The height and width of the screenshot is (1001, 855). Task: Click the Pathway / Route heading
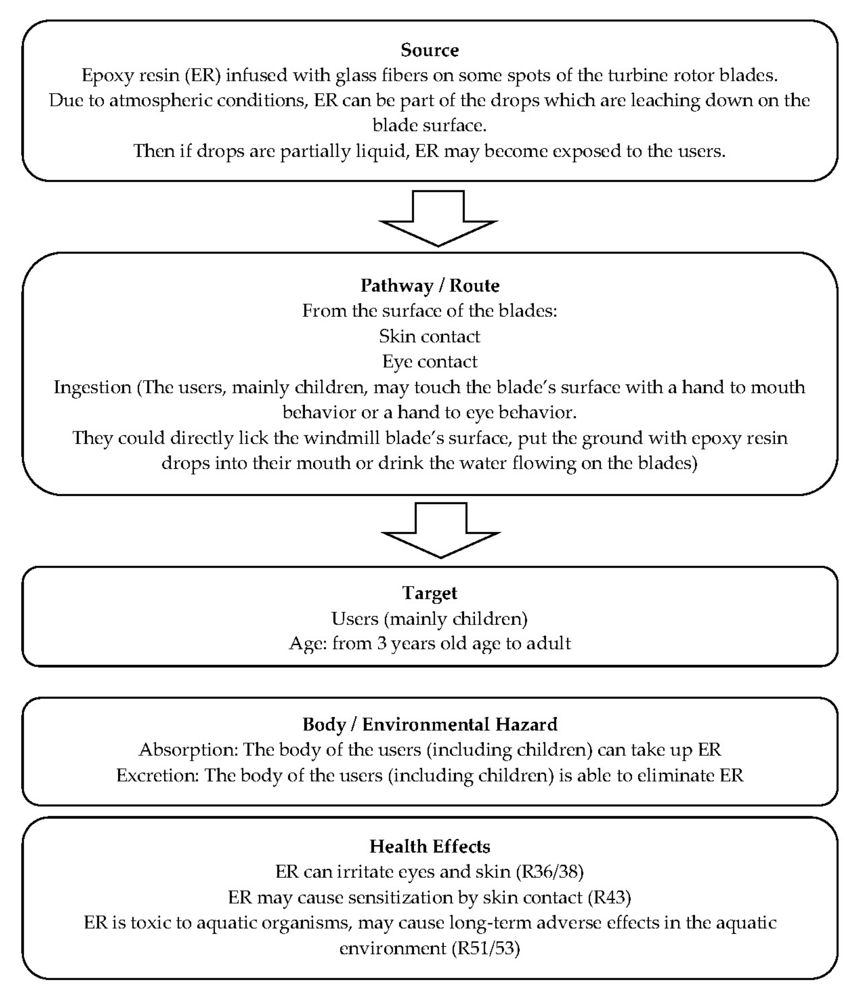429,285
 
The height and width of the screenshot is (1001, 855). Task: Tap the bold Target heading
429,593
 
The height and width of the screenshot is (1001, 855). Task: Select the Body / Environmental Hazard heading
429,724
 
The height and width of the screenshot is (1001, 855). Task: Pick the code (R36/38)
550,871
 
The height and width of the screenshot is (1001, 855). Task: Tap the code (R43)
609,897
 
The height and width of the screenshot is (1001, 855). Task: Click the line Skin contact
429,336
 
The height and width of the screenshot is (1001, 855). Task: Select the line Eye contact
429,361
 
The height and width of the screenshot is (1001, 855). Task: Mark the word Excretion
157,775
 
